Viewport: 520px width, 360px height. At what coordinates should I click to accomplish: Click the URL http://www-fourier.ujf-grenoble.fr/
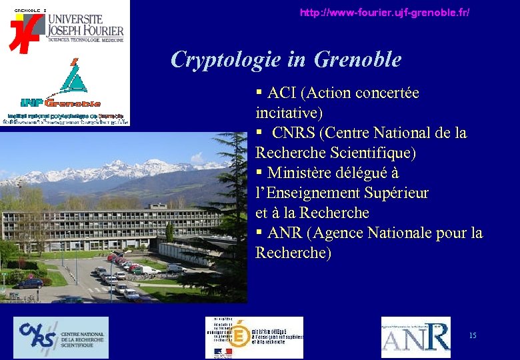[385, 13]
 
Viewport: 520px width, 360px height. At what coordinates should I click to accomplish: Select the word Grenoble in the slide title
[357, 59]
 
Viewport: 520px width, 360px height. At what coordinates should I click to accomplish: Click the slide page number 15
[473, 335]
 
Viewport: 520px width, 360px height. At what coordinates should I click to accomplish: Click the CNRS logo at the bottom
[61, 337]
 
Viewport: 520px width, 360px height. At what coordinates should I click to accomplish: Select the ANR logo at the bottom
[415, 337]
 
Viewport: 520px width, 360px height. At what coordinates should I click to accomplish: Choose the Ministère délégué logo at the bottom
[254, 337]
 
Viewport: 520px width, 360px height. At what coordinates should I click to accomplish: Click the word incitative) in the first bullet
[289, 113]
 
